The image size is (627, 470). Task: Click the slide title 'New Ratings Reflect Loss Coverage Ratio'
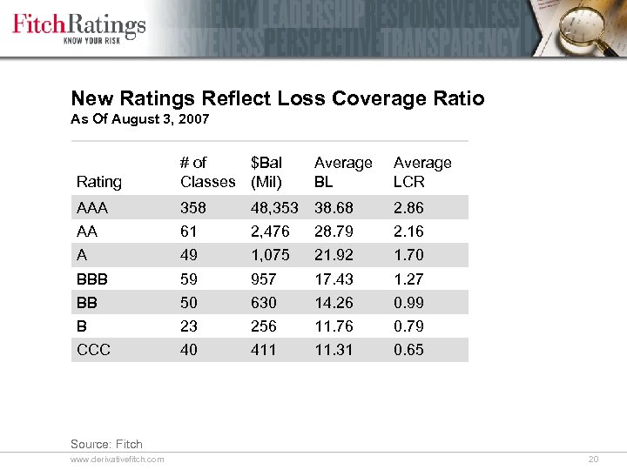277,98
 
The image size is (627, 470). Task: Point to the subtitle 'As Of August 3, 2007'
139,119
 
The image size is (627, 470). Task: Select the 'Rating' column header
99,182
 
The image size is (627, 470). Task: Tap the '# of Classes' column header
207,172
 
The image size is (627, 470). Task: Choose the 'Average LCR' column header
422,172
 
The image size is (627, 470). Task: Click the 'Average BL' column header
343,172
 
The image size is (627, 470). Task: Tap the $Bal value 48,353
274,208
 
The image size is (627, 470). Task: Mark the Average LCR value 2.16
408,232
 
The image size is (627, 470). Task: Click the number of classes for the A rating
189,256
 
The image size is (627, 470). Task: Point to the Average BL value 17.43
334,279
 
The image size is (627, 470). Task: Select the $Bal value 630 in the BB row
263,303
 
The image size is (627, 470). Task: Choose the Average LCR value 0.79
408,326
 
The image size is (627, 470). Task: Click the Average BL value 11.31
334,350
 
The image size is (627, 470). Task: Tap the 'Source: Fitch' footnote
106,444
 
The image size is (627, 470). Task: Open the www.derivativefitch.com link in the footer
118,459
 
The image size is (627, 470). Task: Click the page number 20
595,459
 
